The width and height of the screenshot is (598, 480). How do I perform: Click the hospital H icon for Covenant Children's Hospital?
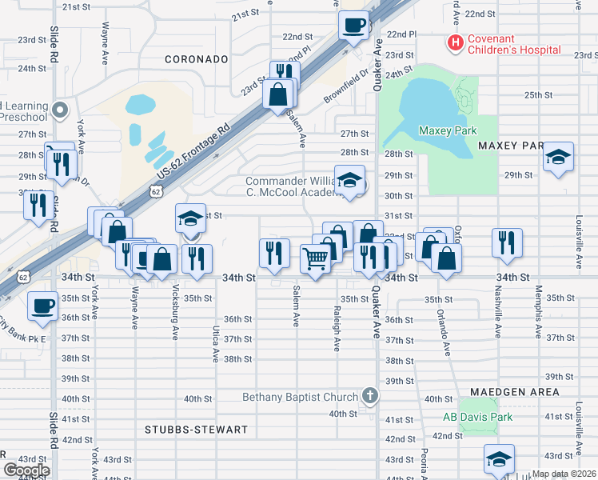click(x=456, y=42)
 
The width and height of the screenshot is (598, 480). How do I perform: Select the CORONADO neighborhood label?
click(x=197, y=59)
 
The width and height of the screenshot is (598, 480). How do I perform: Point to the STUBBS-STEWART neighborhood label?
click(x=196, y=430)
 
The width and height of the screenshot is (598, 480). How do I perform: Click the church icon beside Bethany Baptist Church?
click(x=369, y=395)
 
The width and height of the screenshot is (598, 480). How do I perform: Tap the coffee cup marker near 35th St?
click(x=42, y=305)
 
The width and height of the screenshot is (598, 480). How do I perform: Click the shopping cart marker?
click(x=315, y=258)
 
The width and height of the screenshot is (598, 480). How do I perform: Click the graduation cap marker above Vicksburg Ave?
click(x=190, y=218)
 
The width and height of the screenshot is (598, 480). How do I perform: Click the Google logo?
click(x=27, y=470)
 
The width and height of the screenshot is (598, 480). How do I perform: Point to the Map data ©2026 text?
click(x=564, y=474)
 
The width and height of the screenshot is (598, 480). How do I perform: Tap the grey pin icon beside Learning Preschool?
click(x=61, y=109)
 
